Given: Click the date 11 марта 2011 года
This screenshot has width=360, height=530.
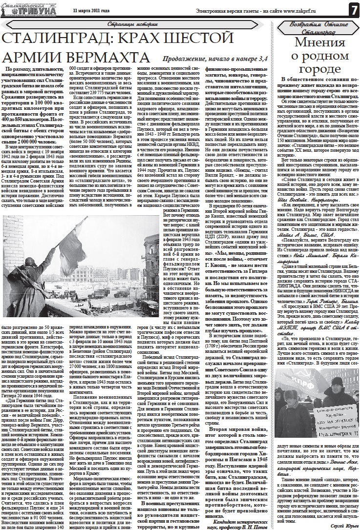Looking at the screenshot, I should (x=89, y=10).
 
